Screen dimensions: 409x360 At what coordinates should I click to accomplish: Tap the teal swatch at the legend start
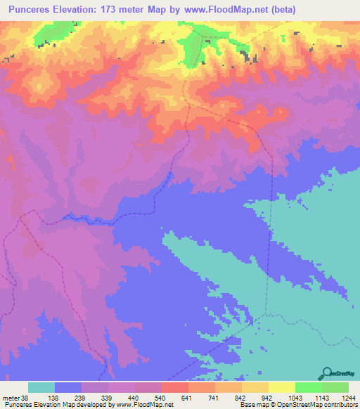[x=41, y=387]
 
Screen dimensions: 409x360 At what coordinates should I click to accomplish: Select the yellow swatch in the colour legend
[x=282, y=387]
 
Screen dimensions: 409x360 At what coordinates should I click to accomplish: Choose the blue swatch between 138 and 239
[x=68, y=387]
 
